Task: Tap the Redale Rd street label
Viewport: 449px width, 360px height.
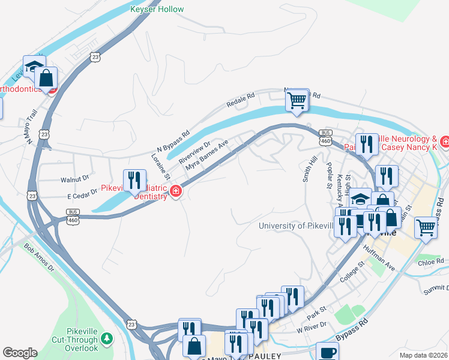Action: point(241,100)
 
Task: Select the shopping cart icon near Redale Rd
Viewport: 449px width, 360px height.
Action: point(297,100)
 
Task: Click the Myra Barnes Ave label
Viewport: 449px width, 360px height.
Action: point(207,158)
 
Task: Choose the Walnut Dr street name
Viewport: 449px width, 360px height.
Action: point(74,178)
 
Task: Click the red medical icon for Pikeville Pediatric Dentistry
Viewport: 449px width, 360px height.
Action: point(176,192)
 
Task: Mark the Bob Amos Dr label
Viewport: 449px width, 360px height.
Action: point(39,257)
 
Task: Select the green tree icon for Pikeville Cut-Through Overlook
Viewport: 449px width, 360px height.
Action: point(107,339)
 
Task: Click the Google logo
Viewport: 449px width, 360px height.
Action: point(20,353)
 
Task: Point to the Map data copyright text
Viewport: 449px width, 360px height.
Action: point(424,355)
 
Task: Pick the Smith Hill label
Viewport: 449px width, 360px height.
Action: point(310,170)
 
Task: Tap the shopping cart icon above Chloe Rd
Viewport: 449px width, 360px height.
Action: point(426,228)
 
